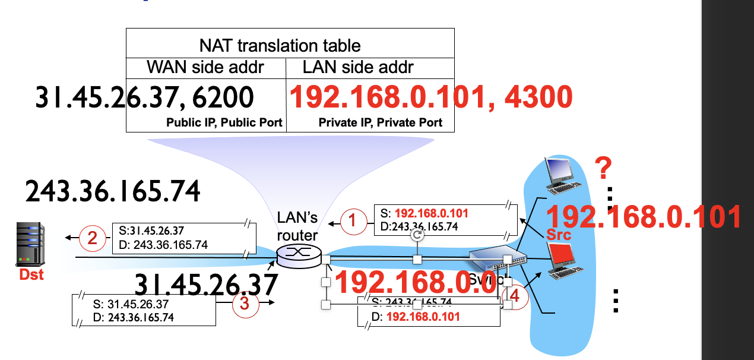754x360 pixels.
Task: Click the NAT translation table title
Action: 280,45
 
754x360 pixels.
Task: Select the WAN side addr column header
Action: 206,67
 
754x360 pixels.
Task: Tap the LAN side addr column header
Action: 358,67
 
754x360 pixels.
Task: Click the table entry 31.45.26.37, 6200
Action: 145,97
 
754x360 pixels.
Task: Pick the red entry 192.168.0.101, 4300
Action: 430,97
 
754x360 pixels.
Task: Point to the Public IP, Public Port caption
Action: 224,123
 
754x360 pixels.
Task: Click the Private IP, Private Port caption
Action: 381,123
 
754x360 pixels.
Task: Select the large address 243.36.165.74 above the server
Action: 113,191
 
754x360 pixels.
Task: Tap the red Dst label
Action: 31,275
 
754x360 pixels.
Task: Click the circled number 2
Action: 92,238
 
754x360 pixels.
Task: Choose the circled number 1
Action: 353,222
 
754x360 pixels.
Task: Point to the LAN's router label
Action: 297,227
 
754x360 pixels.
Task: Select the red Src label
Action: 559,235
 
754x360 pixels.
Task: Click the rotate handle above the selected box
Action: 417,235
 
